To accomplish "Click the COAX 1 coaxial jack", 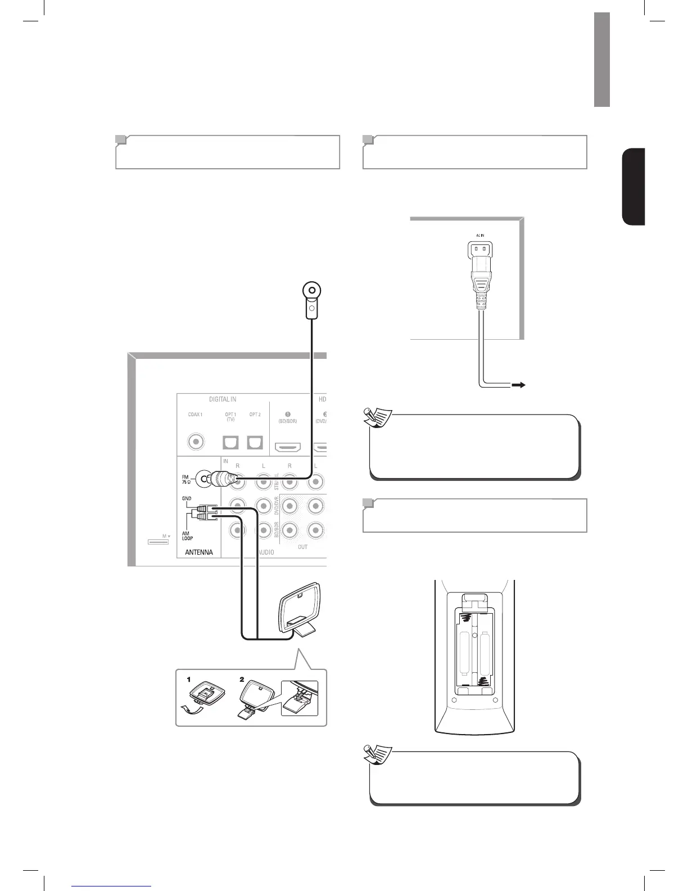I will pyautogui.click(x=196, y=442).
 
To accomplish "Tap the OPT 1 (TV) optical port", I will pyautogui.click(x=230, y=443).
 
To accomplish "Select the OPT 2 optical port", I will pyautogui.click(x=255, y=443).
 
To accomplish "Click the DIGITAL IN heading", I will pyautogui.click(x=223, y=399).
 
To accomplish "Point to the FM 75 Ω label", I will pyautogui.click(x=186, y=480).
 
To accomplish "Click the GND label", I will pyautogui.click(x=187, y=499).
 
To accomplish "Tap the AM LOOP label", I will pyautogui.click(x=187, y=536).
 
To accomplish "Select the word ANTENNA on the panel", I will pyautogui.click(x=199, y=552).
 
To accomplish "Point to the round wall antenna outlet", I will pyautogui.click(x=311, y=291).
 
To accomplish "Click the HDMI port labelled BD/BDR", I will pyautogui.click(x=288, y=448).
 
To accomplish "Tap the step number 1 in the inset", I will pyautogui.click(x=189, y=679).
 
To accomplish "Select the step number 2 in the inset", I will pyautogui.click(x=242, y=679).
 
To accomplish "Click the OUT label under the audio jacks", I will pyautogui.click(x=303, y=547).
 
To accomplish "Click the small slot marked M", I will pyautogui.click(x=158, y=542).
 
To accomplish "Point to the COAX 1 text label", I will pyautogui.click(x=195, y=415).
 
